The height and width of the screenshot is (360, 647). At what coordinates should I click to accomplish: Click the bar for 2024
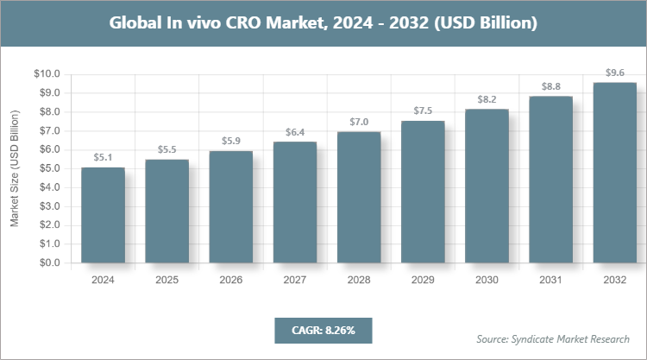pos(103,215)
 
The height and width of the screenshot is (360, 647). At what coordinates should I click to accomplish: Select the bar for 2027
pos(295,202)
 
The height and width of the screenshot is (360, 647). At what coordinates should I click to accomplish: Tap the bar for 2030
pos(487,186)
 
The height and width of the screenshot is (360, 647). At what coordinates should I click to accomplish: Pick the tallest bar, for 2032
pos(614,173)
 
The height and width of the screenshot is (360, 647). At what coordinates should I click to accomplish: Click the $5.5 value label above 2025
pos(166,150)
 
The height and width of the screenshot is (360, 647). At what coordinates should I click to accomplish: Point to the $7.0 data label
pos(359,123)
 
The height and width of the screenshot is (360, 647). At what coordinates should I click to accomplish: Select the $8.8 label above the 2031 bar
pos(550,86)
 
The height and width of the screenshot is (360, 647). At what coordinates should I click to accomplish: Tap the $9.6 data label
pos(614,73)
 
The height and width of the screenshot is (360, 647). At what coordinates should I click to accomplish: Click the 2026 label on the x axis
pos(231,280)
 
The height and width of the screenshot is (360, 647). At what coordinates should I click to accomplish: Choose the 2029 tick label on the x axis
pos(423,280)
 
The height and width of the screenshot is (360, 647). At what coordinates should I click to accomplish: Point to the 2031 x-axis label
pos(550,280)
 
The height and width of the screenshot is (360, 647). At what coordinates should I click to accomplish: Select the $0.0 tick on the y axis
pos(47,263)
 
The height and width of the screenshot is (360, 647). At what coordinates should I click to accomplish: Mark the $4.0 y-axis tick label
pos(47,187)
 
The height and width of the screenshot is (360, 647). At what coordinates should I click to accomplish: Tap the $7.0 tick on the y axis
pos(47,131)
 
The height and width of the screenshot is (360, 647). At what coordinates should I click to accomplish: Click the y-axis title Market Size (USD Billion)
pos(15,168)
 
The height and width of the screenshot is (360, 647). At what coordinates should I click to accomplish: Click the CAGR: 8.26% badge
pos(323,331)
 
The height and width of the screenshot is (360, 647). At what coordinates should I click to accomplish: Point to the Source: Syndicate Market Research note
pos(553,338)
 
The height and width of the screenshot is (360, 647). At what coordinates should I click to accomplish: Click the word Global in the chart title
pos(138,23)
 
